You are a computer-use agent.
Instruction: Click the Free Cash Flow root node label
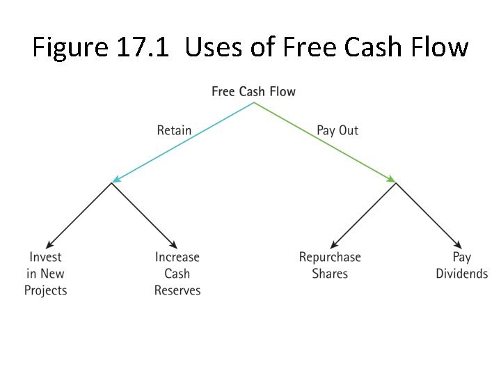pos(253,92)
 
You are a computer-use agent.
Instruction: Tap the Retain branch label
pos(174,130)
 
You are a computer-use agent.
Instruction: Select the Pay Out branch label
pos(337,130)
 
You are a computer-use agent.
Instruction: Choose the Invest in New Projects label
pos(46,274)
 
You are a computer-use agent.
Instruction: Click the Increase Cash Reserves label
pos(177,274)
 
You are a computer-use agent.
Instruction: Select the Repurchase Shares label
pos(330,265)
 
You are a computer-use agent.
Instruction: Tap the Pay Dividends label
pos(462,265)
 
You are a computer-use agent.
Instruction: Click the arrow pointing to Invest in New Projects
pos(78,214)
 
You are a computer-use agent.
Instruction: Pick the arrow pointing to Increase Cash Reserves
pos(144,214)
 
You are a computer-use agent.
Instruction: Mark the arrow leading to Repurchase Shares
pos(363,214)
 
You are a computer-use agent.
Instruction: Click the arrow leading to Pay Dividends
pos(429,214)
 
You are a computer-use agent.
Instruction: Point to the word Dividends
pos(462,274)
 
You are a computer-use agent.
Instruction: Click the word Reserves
pos(177,290)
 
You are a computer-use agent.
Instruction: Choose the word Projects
pos(46,290)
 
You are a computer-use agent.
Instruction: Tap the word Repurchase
pos(330,257)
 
